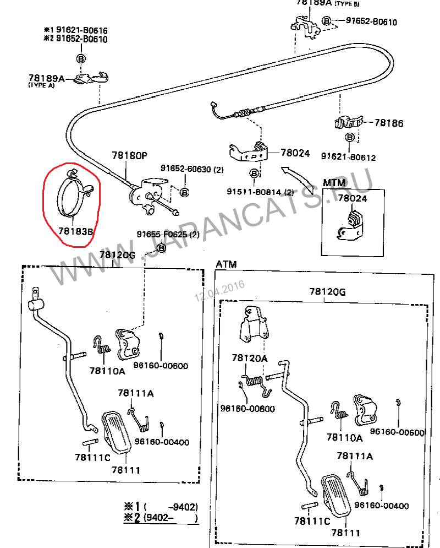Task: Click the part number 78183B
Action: coord(75,232)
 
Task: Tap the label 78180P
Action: coord(130,156)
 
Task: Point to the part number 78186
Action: coord(389,123)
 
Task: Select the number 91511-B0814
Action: coord(255,192)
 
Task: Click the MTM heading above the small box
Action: coord(334,183)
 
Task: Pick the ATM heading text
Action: coord(226,264)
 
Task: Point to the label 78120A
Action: coord(250,359)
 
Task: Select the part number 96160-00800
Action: coord(248,408)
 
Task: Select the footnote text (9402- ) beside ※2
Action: coord(170,518)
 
